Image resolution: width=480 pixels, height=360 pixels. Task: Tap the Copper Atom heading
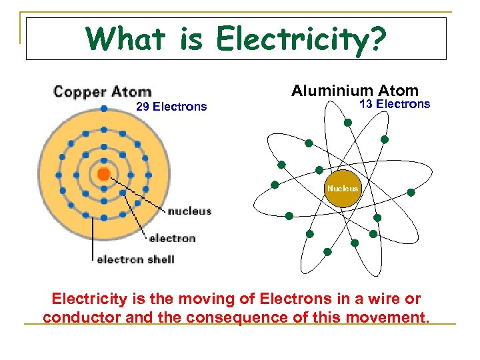103,91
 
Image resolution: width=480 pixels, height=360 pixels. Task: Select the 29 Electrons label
171,107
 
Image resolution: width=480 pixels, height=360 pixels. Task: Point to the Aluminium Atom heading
355,91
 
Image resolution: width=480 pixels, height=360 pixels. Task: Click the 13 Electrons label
395,104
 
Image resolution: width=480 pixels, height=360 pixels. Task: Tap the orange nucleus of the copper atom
103,174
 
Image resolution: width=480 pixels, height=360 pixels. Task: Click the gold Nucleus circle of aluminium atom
342,189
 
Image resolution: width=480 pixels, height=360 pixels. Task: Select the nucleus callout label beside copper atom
189,211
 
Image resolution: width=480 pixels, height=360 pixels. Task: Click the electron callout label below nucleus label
172,238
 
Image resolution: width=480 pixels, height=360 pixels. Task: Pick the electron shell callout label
136,259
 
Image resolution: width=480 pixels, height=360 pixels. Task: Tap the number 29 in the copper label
143,107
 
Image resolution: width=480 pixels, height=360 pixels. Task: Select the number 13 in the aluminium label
365,104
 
